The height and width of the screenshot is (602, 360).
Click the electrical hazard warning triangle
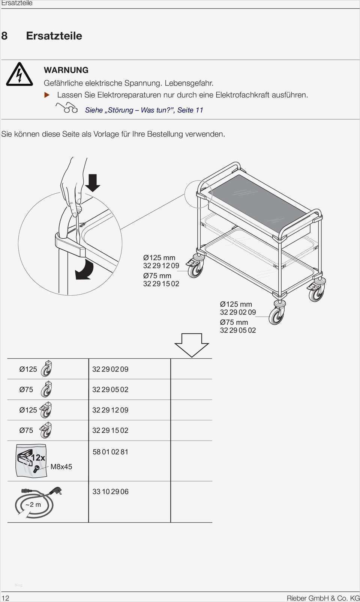(x=19, y=75)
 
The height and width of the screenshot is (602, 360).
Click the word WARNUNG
(x=66, y=70)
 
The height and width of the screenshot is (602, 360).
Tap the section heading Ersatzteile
(x=54, y=36)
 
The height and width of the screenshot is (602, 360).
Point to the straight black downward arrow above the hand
(x=93, y=183)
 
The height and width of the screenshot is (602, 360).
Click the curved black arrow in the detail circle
(x=84, y=269)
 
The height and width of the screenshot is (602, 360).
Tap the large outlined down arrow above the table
(x=192, y=345)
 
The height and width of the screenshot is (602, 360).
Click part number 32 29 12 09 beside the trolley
(x=161, y=266)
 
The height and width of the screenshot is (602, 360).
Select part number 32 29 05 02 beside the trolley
(x=238, y=330)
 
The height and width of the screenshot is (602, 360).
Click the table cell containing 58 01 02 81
(x=129, y=461)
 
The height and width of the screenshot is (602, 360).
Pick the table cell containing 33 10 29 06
(x=129, y=501)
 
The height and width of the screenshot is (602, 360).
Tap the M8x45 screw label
(x=61, y=467)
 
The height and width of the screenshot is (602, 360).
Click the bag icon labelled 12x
(x=31, y=461)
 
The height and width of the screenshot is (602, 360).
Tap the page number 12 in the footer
(x=5, y=598)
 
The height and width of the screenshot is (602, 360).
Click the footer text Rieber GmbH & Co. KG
(x=323, y=598)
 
